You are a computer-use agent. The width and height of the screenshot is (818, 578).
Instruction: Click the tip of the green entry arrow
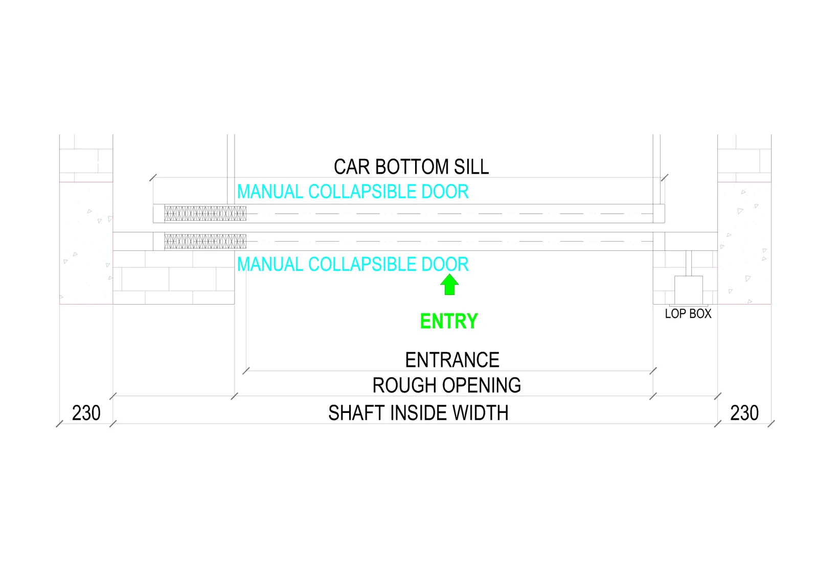click(449, 274)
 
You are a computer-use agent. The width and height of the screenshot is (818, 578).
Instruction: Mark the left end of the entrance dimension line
click(246, 371)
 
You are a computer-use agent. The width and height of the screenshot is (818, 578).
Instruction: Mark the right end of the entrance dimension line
click(653, 371)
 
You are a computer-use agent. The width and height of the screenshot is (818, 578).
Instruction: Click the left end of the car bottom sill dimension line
click(153, 178)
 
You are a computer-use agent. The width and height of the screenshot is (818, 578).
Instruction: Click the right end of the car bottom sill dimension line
click(665, 178)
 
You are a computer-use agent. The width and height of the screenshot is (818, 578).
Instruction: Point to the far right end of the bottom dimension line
click(771, 424)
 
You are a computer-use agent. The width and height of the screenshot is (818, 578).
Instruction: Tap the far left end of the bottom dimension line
click(59, 424)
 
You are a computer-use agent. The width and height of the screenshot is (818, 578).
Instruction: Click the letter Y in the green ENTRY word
click(471, 321)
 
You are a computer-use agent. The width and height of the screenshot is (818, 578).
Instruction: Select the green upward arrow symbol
click(449, 285)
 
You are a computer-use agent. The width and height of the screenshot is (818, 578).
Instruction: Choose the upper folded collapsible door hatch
click(205, 214)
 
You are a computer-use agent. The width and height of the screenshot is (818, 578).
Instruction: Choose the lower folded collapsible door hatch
click(205, 241)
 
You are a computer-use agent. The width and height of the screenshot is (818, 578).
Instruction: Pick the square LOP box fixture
click(688, 290)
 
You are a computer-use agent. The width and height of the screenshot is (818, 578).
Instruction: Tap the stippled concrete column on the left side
click(86, 243)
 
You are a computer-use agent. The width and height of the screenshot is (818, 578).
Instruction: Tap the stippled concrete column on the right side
click(744, 243)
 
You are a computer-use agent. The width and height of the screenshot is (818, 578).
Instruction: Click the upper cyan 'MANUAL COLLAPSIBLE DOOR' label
click(353, 192)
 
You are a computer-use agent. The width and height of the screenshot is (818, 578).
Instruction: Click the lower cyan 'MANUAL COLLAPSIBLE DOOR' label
click(353, 264)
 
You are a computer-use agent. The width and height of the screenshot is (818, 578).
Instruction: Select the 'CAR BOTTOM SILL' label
click(411, 167)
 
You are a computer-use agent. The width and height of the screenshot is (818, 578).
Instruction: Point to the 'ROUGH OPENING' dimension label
click(447, 385)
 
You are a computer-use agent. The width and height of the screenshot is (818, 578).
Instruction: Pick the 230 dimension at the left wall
click(86, 413)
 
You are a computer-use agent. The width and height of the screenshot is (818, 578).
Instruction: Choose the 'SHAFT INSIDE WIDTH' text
click(419, 413)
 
